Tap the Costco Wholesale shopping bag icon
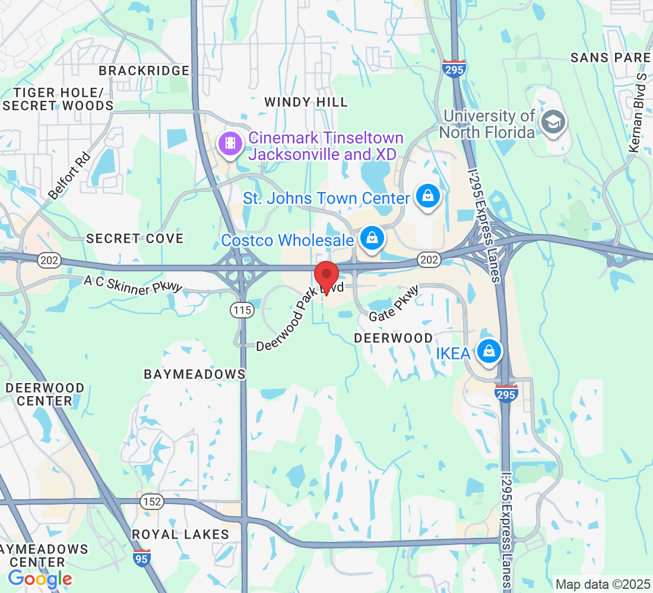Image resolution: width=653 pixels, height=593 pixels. [x=372, y=238]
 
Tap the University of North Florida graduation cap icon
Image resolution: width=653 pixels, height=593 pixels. [x=553, y=122]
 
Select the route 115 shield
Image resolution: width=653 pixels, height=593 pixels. [x=243, y=309]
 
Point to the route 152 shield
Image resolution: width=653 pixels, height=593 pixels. [x=151, y=502]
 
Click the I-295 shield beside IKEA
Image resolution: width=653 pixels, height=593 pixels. [x=506, y=393]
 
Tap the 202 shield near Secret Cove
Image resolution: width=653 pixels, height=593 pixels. [x=48, y=259]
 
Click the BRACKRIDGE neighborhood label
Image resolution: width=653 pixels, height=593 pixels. [x=144, y=71]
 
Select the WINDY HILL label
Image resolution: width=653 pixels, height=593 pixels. [x=306, y=102]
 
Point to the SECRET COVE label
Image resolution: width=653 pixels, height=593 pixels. [x=135, y=238]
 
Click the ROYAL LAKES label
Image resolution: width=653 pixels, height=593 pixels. [x=180, y=534]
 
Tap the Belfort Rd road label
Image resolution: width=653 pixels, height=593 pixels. [x=69, y=176]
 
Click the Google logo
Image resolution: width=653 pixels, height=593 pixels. [x=40, y=578]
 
